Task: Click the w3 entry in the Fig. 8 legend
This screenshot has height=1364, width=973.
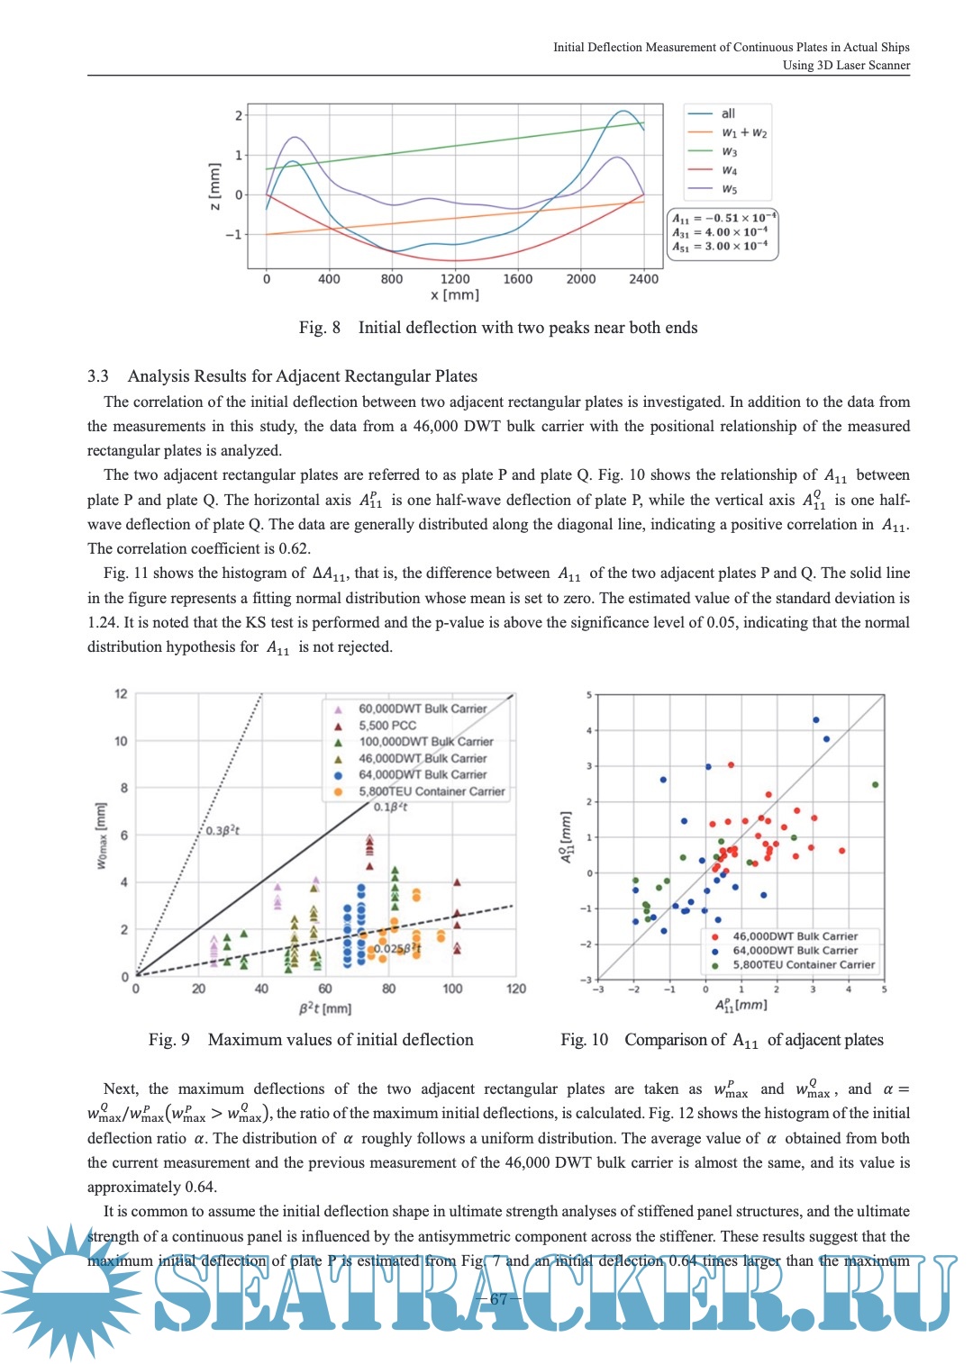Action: click(x=729, y=152)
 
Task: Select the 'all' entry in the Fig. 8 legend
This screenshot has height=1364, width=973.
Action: click(x=728, y=113)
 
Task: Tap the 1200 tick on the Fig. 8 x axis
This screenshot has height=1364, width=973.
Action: click(x=455, y=279)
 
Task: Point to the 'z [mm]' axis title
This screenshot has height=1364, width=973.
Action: click(x=214, y=186)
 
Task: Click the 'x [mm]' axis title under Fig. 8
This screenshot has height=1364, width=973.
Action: click(x=455, y=295)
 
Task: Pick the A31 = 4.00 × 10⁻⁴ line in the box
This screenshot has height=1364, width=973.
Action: click(x=720, y=232)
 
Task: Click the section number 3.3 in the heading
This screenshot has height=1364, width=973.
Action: click(x=98, y=376)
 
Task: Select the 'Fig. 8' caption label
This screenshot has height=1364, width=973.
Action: click(x=320, y=328)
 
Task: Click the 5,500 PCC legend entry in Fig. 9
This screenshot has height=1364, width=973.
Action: click(x=387, y=725)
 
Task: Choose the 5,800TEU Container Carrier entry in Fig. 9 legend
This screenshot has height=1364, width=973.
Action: click(x=432, y=791)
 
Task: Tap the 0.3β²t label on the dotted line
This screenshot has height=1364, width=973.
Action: click(x=223, y=830)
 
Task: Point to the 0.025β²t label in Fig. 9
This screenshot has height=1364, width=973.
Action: click(x=397, y=948)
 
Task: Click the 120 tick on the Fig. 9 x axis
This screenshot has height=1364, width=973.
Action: click(x=516, y=989)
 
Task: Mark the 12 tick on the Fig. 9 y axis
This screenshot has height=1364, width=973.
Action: click(x=121, y=693)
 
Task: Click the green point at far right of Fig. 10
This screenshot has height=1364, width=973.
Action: click(x=876, y=784)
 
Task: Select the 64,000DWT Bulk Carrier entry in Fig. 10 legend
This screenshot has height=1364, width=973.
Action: click(x=795, y=950)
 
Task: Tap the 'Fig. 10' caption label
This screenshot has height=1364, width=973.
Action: click(x=584, y=1040)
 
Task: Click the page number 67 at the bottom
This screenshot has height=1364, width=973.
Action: click(x=498, y=1299)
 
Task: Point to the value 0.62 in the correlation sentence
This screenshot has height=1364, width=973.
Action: click(x=294, y=548)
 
